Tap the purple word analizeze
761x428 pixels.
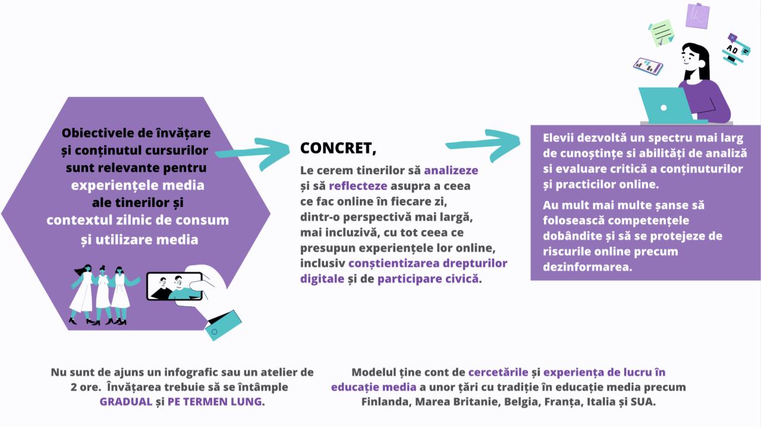click(x=451, y=170)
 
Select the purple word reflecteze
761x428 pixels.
click(x=358, y=186)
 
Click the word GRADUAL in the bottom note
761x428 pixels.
click(x=125, y=401)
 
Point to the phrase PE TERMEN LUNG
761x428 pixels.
click(x=215, y=401)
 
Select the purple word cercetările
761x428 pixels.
click(x=498, y=372)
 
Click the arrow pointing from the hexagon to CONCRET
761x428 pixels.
click(x=253, y=153)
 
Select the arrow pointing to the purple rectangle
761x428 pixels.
click(x=483, y=144)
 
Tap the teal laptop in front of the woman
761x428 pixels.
click(x=666, y=106)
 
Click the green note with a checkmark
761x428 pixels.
click(x=661, y=33)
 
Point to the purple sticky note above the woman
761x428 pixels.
click(x=697, y=15)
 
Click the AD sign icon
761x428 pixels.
click(x=735, y=49)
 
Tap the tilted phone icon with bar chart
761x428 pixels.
click(x=648, y=66)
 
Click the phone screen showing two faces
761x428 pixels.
click(x=175, y=287)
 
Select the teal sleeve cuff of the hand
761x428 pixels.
click(x=223, y=325)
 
